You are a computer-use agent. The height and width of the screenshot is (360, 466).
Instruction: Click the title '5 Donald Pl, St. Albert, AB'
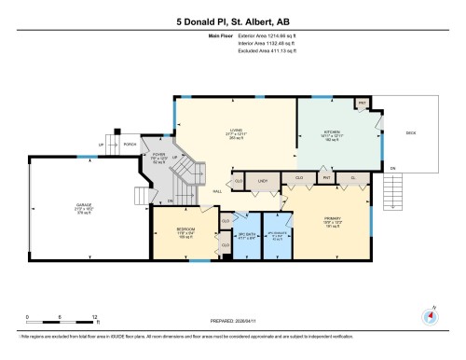click(232, 18)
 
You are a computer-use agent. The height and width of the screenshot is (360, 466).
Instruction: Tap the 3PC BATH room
click(247, 235)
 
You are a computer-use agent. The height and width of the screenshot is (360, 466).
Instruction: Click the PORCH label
click(130, 144)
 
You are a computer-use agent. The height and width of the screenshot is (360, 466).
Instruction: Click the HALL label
click(216, 189)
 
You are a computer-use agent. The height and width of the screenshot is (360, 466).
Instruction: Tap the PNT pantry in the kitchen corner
click(363, 103)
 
